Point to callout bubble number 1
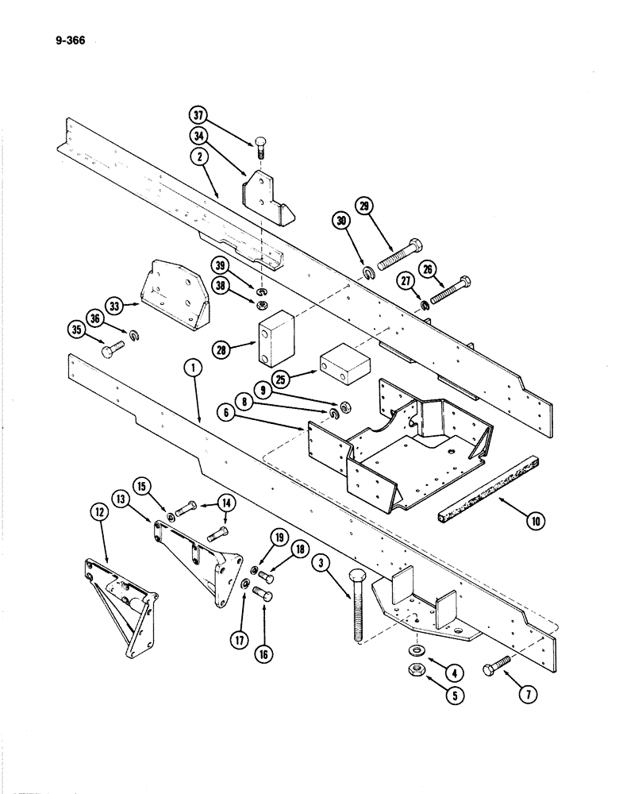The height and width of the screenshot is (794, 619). [x=190, y=368]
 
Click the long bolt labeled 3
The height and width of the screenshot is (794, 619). [x=353, y=603]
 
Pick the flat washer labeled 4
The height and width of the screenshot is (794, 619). [x=415, y=650]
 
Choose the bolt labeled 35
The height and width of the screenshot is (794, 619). [x=113, y=347]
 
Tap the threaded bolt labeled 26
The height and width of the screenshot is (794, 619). [x=451, y=288]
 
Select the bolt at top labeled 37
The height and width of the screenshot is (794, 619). [x=262, y=146]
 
